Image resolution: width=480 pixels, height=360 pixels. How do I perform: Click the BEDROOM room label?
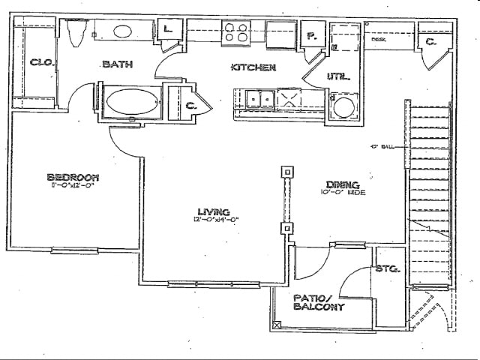(x=73, y=177)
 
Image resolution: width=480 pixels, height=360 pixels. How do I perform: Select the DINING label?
(x=343, y=184)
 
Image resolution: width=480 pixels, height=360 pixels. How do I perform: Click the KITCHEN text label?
(x=253, y=67)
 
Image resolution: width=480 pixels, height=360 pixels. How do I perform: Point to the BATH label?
(x=117, y=64)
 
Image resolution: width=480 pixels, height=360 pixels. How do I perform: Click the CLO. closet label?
(x=40, y=63)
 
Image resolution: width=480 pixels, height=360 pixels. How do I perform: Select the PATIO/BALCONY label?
(x=319, y=302)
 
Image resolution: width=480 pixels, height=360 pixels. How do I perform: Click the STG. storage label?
(x=388, y=268)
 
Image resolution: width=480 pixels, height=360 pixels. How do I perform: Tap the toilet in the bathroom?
(x=76, y=32)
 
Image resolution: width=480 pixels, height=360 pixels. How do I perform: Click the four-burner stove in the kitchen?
(x=236, y=33)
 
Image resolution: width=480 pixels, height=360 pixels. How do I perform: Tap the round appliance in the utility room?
(x=343, y=106)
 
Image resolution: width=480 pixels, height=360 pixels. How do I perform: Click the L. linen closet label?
(x=169, y=30)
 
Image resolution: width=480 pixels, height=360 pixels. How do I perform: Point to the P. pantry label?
(x=310, y=35)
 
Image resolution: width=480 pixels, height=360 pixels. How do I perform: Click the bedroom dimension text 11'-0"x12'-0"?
(x=73, y=186)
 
